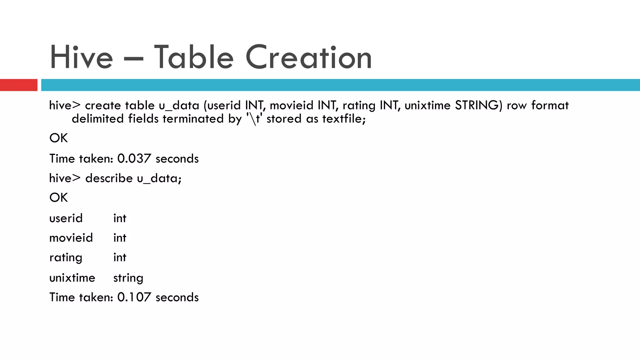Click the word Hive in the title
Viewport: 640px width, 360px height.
point(81,57)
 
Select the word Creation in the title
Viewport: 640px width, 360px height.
point(308,57)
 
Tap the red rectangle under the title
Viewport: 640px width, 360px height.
point(18,85)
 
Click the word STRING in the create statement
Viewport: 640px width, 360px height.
point(478,105)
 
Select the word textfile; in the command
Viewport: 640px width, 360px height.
point(344,119)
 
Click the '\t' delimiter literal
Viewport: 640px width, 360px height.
point(254,119)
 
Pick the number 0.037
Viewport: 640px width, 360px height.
point(134,159)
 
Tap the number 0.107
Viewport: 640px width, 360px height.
point(134,297)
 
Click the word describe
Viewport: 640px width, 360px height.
point(109,178)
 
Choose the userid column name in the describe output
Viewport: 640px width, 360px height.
point(66,218)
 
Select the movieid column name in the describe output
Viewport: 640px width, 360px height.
point(71,238)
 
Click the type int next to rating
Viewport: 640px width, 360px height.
point(120,257)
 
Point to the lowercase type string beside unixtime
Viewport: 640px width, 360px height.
point(128,278)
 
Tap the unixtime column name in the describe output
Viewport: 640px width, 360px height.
point(72,278)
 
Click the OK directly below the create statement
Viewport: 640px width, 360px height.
point(58,138)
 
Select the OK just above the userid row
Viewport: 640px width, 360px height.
point(58,197)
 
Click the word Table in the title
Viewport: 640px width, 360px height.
point(194,57)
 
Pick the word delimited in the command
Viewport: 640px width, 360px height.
point(97,119)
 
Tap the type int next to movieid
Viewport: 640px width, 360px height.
point(120,238)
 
